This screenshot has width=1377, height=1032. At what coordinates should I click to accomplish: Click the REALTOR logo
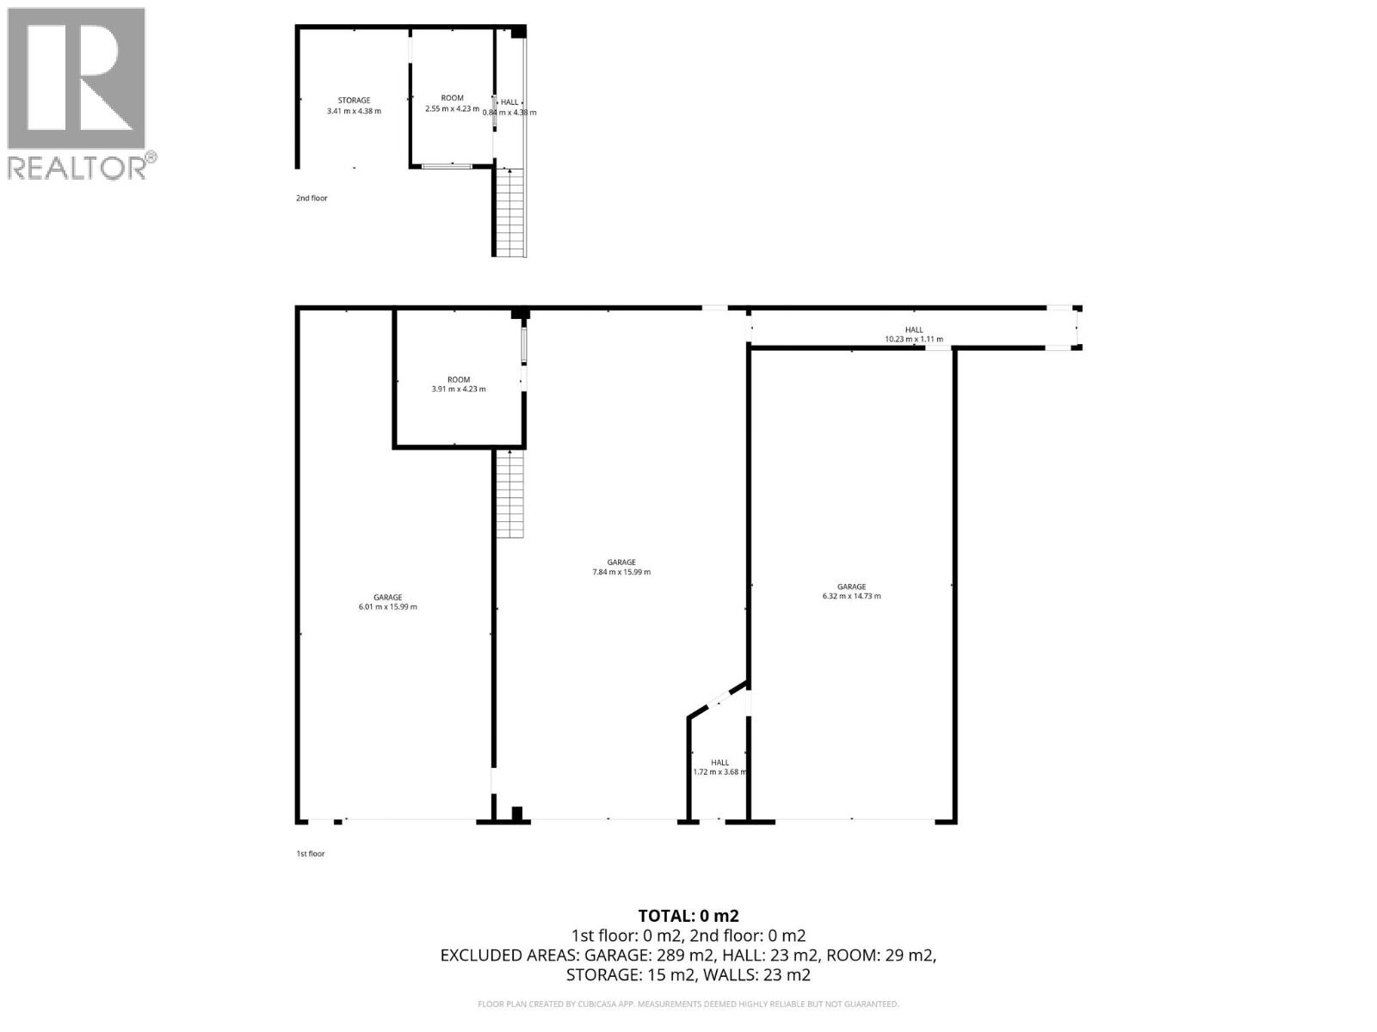tap(82, 94)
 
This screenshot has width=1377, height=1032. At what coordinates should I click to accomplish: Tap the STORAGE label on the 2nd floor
tap(354, 101)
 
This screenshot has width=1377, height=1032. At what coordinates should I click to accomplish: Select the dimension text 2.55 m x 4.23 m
tap(452, 108)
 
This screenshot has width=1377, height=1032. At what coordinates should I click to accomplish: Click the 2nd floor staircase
tap(510, 212)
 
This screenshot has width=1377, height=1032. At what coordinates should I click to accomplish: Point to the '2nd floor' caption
tap(312, 198)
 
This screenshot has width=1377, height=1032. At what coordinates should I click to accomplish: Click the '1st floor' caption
tap(311, 853)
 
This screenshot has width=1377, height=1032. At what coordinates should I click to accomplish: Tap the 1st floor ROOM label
tap(459, 380)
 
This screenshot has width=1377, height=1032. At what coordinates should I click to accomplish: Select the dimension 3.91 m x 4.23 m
tap(459, 389)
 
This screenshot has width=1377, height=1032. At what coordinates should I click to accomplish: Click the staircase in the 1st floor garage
tap(510, 494)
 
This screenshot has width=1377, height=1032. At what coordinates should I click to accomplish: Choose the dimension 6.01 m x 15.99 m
tap(387, 606)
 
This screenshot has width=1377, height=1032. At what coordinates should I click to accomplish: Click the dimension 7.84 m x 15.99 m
tap(621, 572)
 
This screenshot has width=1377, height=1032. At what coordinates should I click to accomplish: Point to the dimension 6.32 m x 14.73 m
tap(851, 596)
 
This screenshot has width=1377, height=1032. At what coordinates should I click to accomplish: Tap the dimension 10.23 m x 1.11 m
tap(913, 340)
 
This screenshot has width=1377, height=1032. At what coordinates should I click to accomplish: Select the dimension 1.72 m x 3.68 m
tap(720, 772)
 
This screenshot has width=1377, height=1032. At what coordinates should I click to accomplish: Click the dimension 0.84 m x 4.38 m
tap(509, 113)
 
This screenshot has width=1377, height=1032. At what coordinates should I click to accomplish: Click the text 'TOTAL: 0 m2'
tap(688, 916)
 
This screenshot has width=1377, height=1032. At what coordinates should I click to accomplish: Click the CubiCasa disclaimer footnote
tap(688, 1004)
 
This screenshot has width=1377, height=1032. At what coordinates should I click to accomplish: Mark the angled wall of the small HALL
tap(719, 698)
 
